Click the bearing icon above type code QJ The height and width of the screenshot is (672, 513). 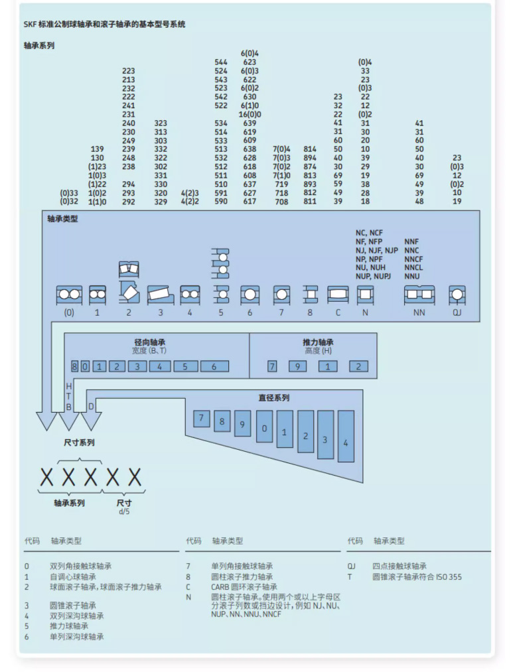click(x=457, y=295)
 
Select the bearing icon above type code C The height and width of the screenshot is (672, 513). click(x=338, y=295)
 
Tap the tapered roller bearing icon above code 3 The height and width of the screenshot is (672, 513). click(x=161, y=295)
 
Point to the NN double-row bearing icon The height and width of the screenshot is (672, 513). click(x=419, y=295)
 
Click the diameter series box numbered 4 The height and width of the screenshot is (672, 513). click(x=346, y=437)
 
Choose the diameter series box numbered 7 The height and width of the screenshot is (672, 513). click(x=202, y=419)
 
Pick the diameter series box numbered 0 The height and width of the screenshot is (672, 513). click(x=264, y=427)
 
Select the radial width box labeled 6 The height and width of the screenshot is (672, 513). click(x=214, y=366)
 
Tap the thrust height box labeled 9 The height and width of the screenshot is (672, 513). click(x=297, y=366)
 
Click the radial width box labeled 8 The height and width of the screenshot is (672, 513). click(x=74, y=366)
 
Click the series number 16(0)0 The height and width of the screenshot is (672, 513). click(x=250, y=114)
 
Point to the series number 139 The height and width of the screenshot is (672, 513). click(x=98, y=149)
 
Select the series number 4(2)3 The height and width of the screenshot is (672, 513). click(x=190, y=193)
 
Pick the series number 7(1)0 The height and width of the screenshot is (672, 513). click(x=281, y=175)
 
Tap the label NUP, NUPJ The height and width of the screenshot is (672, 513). click(x=373, y=277)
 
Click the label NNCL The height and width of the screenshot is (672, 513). click(x=413, y=268)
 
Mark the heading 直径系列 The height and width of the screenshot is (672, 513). click(x=274, y=398)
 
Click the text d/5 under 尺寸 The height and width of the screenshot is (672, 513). click(x=124, y=511)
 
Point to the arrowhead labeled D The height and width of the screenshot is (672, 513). click(x=91, y=421)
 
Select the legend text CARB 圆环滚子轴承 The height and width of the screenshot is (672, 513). click(x=244, y=587)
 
